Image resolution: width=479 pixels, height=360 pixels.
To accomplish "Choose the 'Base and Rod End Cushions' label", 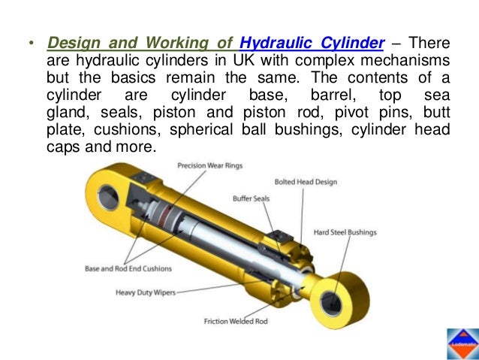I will coord(128,268).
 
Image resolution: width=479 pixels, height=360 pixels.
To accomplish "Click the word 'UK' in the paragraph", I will coord(219,58).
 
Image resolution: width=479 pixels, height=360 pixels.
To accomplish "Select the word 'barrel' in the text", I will coord(333,94).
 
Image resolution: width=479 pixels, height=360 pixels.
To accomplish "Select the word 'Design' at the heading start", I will coord(71,40).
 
